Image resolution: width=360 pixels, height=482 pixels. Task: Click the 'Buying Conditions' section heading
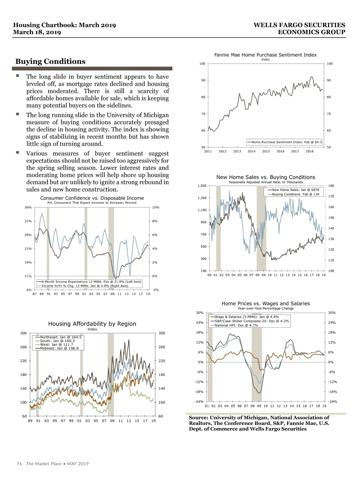[x=50, y=62]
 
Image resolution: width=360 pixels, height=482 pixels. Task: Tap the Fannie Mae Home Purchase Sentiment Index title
[x=265, y=55]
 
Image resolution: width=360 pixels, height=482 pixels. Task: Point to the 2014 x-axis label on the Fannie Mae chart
[x=251, y=152]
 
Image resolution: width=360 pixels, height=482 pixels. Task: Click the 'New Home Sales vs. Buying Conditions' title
[x=265, y=177]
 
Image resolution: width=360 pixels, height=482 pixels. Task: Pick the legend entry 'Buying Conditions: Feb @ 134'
[x=295, y=194]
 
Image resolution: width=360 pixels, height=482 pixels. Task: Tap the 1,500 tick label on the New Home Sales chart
[x=202, y=186]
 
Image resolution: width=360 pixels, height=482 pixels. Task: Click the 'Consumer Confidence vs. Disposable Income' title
[x=92, y=198]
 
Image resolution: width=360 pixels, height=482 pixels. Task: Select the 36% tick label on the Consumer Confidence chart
[x=28, y=207]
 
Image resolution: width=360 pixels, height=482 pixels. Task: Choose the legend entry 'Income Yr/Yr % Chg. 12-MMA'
[x=85, y=286]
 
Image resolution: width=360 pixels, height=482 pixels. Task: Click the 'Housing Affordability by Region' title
[x=92, y=324]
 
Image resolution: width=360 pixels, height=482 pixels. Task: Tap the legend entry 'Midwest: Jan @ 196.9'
[x=59, y=348]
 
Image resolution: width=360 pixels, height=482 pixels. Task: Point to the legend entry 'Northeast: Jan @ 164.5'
[x=61, y=337]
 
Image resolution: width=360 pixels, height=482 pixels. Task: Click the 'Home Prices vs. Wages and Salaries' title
[x=265, y=304]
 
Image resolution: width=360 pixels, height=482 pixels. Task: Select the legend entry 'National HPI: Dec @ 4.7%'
[x=236, y=325]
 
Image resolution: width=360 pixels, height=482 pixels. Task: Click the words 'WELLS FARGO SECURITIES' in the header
[x=299, y=25]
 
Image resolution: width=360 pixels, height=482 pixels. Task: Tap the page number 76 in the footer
[x=19, y=464]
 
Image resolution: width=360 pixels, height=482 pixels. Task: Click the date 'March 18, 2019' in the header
[x=37, y=32]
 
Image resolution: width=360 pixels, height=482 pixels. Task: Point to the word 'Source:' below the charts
[x=198, y=418]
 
